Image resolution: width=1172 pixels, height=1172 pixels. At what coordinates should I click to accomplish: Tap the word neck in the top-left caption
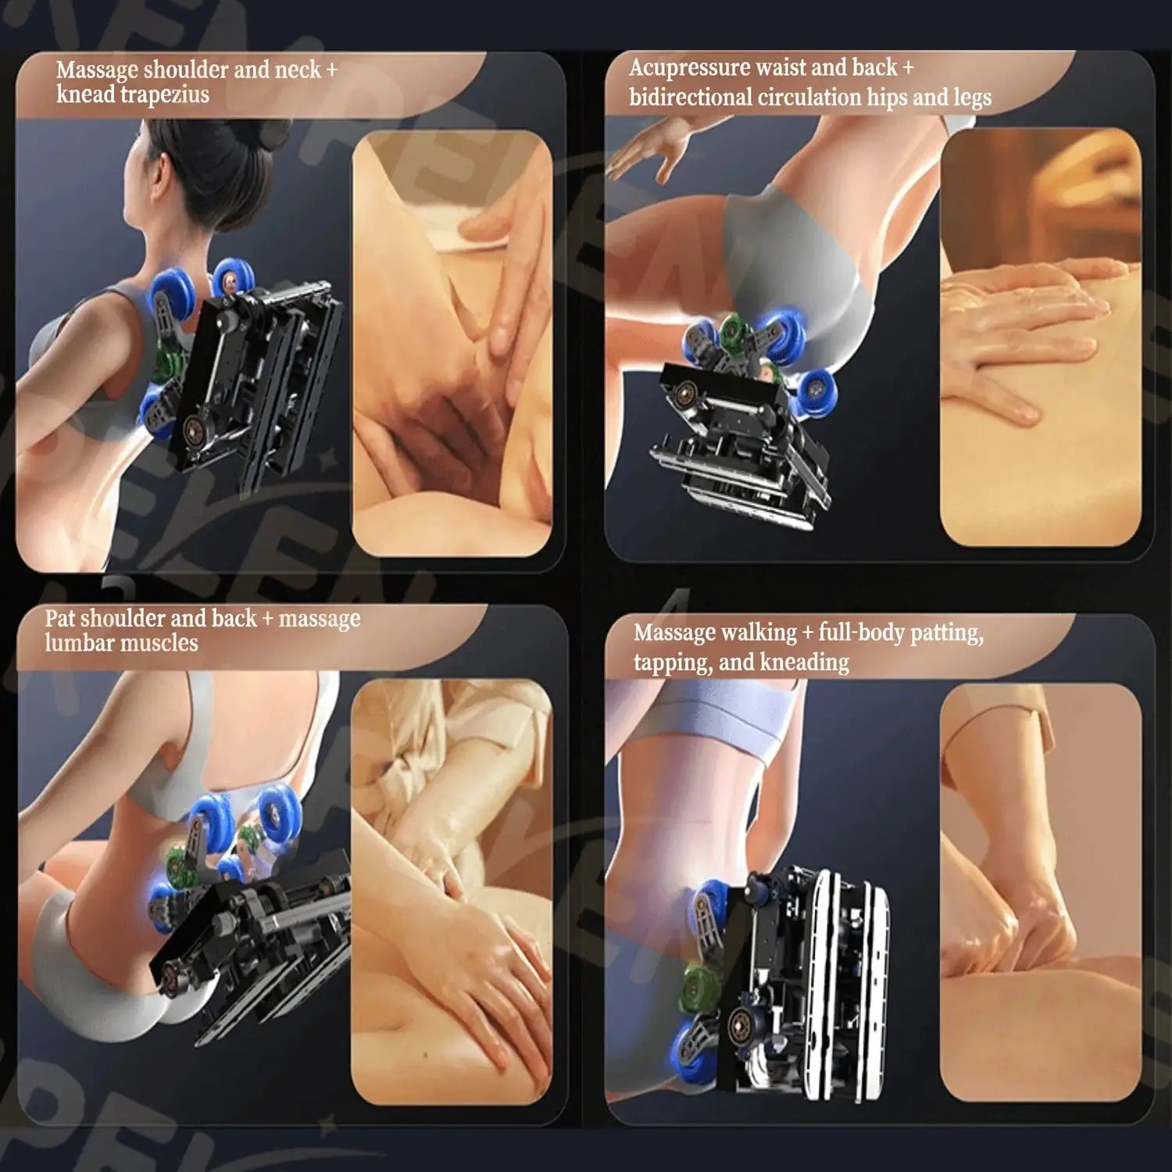(298, 70)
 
